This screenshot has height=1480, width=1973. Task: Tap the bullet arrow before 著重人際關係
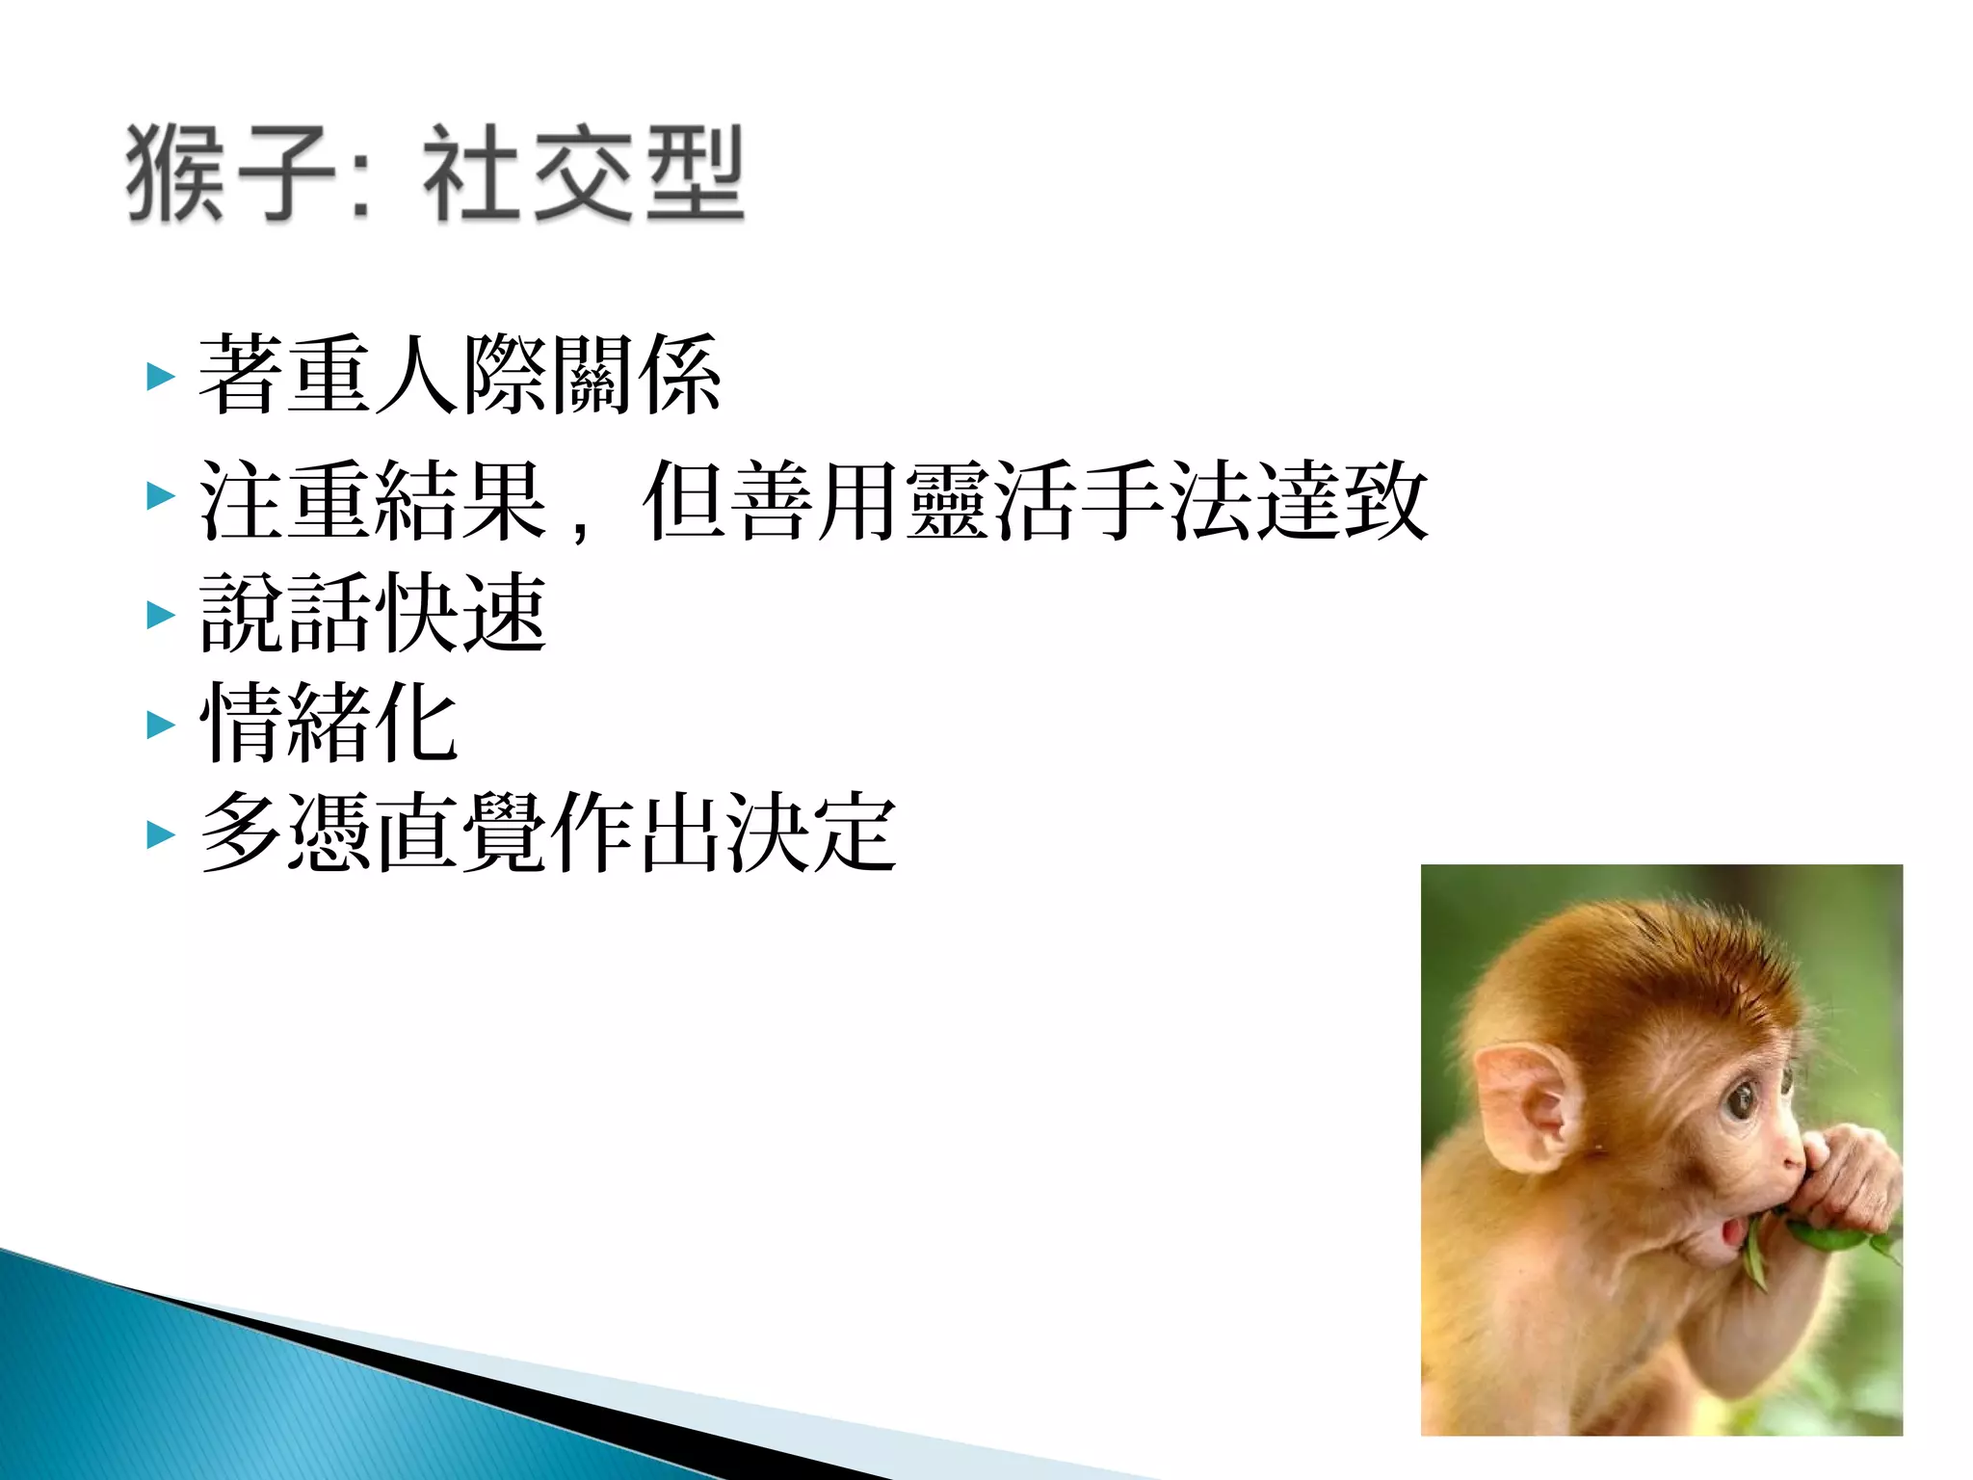[x=161, y=377]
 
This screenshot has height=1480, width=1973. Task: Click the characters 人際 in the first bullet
[x=461, y=375]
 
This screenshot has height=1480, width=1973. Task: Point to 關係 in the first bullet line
[x=636, y=375]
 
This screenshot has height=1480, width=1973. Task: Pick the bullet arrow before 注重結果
[x=161, y=497]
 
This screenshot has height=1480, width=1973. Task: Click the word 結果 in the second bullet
[x=461, y=500]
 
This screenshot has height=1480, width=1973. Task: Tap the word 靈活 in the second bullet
[x=988, y=500]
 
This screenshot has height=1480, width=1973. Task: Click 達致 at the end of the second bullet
[x=1339, y=500]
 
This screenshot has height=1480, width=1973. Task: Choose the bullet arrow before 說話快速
[x=161, y=615]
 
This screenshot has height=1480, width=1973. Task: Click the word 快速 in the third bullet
[x=461, y=613]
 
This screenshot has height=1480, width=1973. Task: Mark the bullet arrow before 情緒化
[x=161, y=725]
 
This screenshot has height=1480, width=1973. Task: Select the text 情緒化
[x=329, y=723]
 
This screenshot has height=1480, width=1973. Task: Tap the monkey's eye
[x=1742, y=1099]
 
